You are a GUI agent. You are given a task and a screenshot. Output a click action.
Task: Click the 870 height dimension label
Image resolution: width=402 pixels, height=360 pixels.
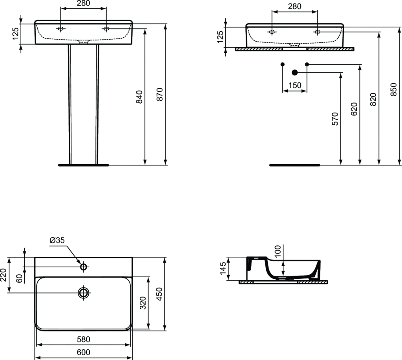click(x=159, y=94)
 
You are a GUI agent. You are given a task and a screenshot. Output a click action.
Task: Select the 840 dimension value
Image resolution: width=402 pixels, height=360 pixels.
click(x=139, y=97)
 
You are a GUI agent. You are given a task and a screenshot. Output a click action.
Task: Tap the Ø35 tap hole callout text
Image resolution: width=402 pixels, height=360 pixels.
click(x=57, y=240)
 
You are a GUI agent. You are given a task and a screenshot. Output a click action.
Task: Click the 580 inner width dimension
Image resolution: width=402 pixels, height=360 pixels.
click(x=84, y=339)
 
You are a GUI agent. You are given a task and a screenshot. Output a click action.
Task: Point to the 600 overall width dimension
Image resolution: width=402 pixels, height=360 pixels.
click(x=84, y=352)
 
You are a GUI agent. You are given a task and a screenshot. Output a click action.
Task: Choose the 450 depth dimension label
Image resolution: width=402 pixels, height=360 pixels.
click(x=159, y=294)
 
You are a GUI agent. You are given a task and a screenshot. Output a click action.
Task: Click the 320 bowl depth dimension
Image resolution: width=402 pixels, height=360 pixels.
click(x=143, y=303)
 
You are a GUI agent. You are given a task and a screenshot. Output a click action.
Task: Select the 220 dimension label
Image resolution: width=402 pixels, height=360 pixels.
click(x=3, y=275)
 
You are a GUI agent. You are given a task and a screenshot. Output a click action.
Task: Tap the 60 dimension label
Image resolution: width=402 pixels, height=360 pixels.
click(x=19, y=278)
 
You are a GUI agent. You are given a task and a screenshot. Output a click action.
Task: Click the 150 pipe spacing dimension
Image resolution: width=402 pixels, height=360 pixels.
click(x=295, y=85)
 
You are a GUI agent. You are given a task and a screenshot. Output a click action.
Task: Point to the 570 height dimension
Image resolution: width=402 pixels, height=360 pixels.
click(x=335, y=119)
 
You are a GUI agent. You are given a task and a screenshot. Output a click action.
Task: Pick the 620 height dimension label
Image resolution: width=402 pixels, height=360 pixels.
click(x=354, y=109)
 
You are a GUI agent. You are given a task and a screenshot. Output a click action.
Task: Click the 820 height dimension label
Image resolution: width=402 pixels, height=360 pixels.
click(x=373, y=99)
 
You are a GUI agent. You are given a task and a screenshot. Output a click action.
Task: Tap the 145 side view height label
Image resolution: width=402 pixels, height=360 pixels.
click(x=223, y=268)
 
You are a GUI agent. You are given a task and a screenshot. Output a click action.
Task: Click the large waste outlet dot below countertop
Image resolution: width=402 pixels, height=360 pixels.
click(x=295, y=73)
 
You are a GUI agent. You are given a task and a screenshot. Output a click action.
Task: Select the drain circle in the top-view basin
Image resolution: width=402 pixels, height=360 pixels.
click(x=84, y=292)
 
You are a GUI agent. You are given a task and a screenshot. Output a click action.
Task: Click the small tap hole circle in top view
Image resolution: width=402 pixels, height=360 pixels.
click(x=84, y=267)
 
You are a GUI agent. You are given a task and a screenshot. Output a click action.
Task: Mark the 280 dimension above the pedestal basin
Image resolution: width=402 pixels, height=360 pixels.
click(x=83, y=3)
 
